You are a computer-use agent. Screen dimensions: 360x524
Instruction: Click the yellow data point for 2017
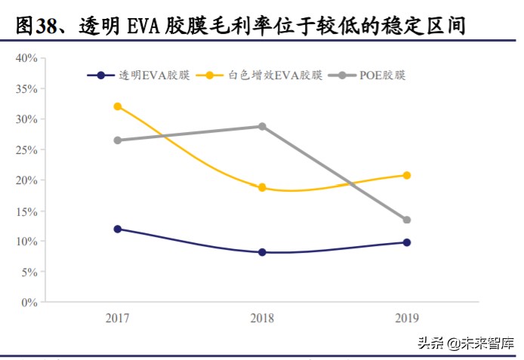[x=117, y=106]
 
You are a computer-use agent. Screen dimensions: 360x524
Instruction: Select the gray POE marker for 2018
[x=262, y=126]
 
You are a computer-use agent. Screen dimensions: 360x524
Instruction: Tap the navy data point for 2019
[x=407, y=242]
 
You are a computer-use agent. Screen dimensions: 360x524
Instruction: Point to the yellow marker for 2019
[x=407, y=175]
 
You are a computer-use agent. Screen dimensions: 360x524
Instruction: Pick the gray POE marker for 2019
[x=407, y=220]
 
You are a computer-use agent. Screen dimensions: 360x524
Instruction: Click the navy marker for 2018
[x=262, y=252]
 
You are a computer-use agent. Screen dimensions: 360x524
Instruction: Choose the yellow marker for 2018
[x=262, y=187]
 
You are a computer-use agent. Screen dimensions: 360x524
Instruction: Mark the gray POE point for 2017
[x=117, y=140]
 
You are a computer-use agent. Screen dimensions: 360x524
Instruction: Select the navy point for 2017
[x=117, y=229]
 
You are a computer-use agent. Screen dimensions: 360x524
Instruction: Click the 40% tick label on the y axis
[x=26, y=58]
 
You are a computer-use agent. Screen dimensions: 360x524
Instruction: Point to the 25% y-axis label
[x=26, y=150]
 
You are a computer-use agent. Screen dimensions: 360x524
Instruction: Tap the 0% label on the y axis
[x=29, y=303]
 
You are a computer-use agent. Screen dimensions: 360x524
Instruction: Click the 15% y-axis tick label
[x=26, y=211]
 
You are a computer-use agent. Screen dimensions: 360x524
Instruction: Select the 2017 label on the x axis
[x=117, y=319]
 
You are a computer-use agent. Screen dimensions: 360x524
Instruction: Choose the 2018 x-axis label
[x=262, y=319]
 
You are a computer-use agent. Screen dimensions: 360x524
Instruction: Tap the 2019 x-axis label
[x=406, y=319]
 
